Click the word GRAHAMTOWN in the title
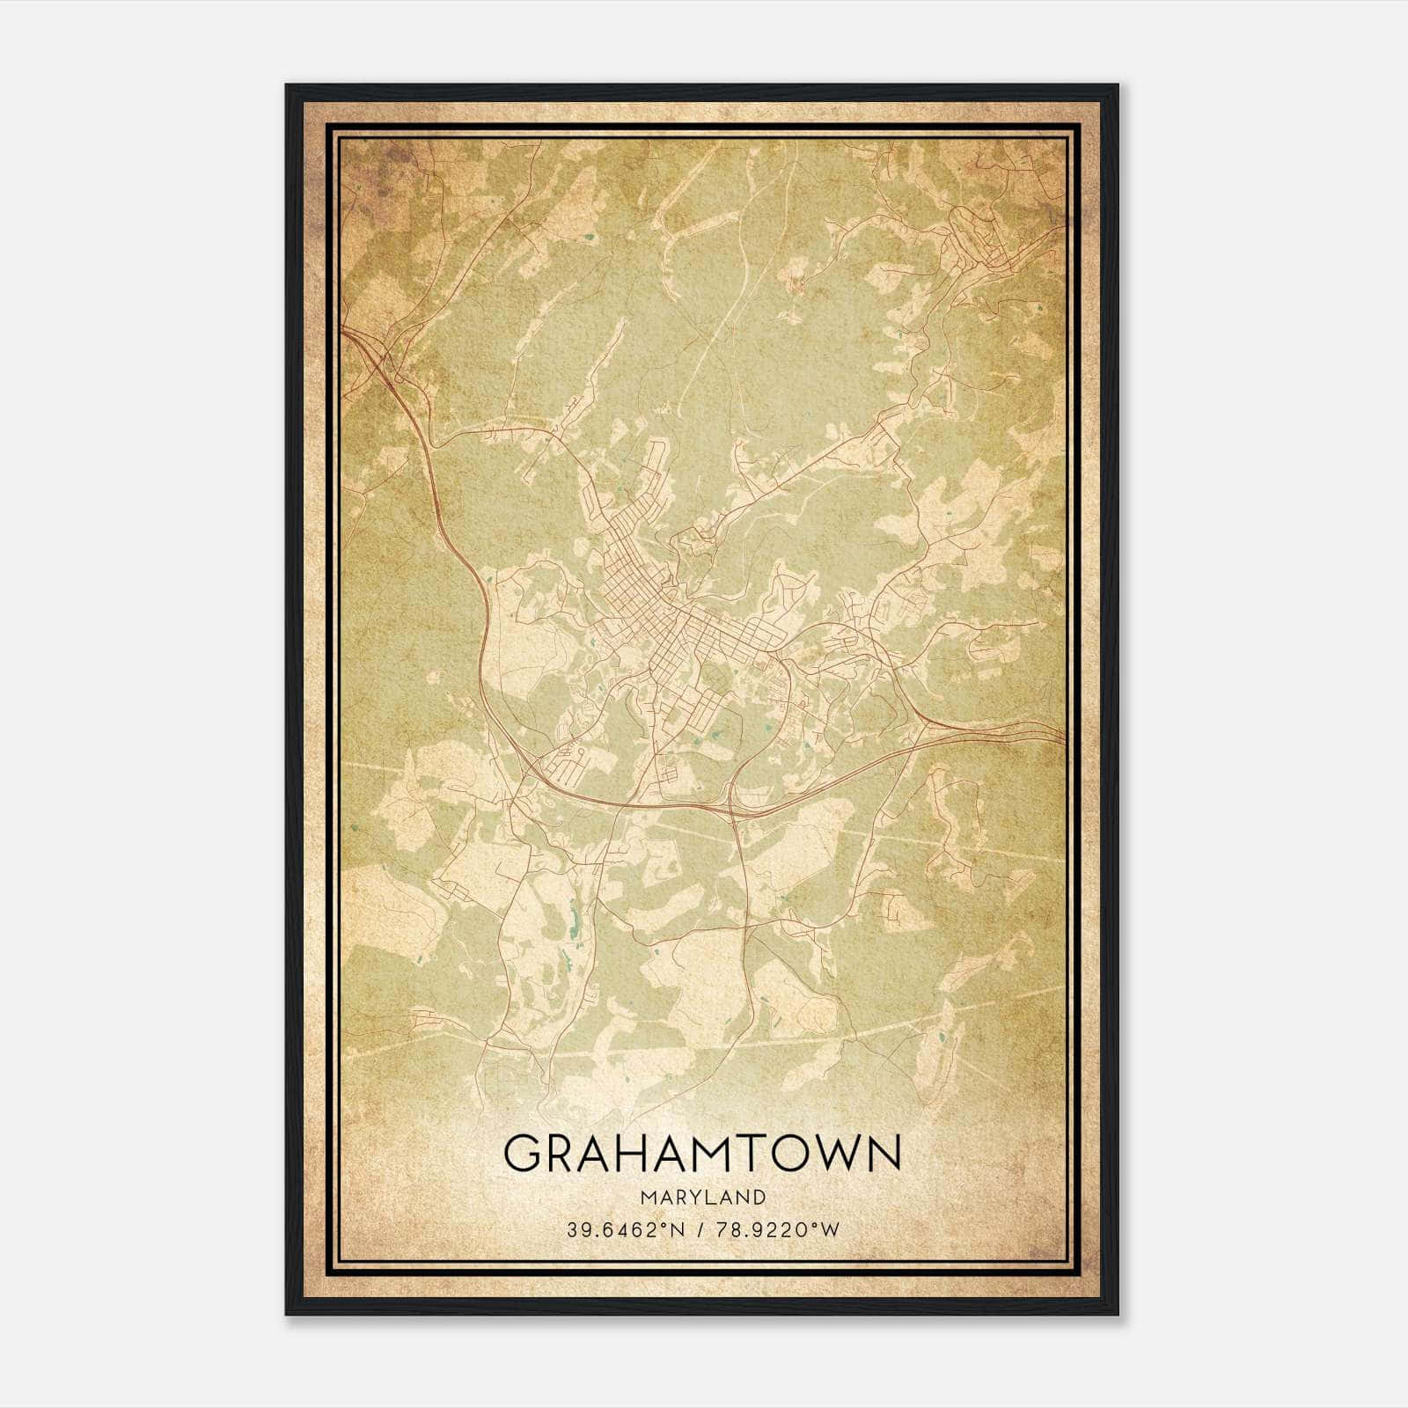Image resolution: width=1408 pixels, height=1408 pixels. tap(702, 1154)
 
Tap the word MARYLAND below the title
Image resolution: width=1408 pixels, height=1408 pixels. tap(703, 1197)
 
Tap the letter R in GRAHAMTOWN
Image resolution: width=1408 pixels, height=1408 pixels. tap(564, 1154)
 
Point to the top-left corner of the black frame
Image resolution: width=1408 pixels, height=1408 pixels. tap(287, 85)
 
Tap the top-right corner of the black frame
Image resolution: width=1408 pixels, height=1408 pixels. tap(1118, 85)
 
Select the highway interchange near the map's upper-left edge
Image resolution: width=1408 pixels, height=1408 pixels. tap(378, 352)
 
